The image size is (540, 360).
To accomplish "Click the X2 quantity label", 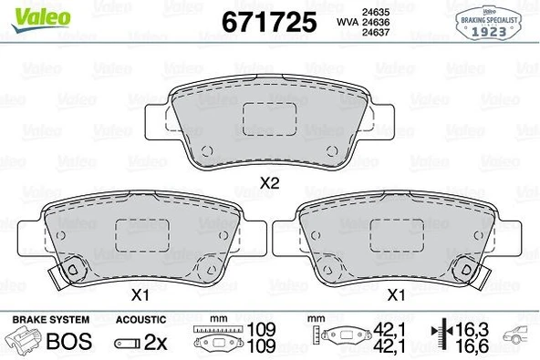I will [x=269, y=182].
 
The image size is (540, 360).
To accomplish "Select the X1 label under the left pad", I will [x=140, y=294].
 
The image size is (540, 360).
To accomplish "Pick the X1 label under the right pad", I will [x=395, y=294].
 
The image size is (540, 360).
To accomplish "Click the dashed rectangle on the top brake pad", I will [x=267, y=119].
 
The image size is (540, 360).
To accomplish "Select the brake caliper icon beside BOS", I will [x=26, y=343].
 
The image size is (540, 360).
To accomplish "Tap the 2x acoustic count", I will [x=156, y=344].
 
